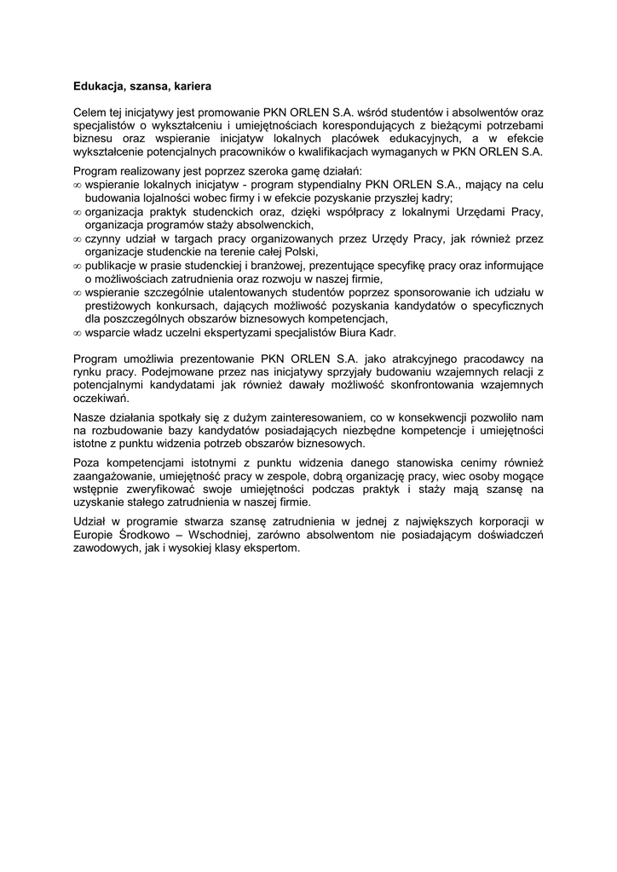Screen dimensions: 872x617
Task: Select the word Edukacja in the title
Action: pos(96,86)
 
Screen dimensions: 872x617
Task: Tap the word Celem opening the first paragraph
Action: pos(89,112)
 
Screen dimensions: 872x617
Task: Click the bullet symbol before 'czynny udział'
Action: pos(78,239)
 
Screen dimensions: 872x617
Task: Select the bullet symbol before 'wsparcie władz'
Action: pos(78,332)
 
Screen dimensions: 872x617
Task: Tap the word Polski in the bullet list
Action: pos(300,252)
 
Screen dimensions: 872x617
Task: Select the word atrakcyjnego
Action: pos(406,359)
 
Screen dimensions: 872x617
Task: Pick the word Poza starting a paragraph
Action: pos(88,463)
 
